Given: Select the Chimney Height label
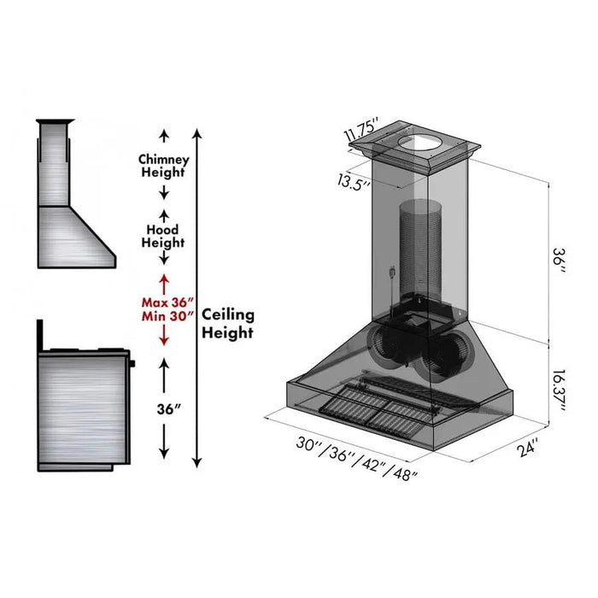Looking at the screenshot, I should point(163,166).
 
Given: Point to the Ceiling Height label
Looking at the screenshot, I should point(227,324).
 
